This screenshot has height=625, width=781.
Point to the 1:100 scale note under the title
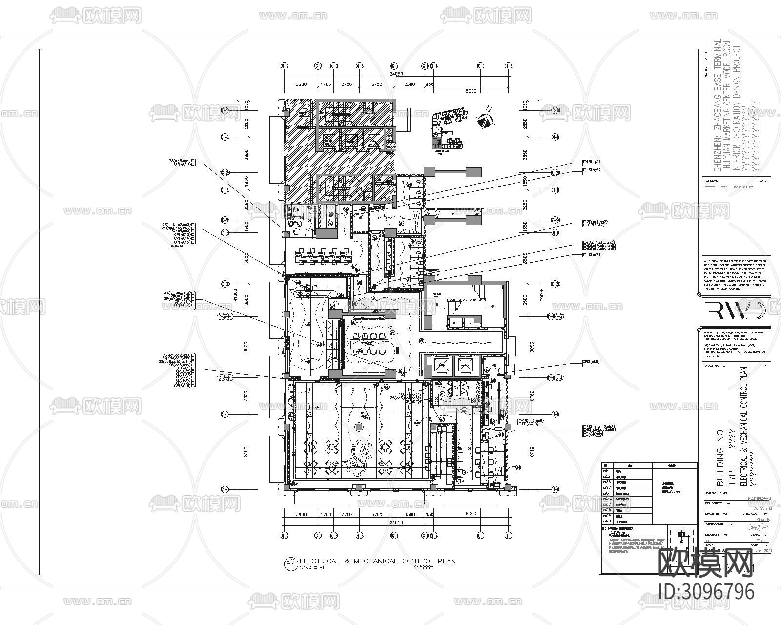305,568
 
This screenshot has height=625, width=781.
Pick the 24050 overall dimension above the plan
395,74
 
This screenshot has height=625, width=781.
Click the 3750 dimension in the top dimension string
376,84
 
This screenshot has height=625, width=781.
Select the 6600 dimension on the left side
246,346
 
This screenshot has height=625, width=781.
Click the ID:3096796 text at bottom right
706,592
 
